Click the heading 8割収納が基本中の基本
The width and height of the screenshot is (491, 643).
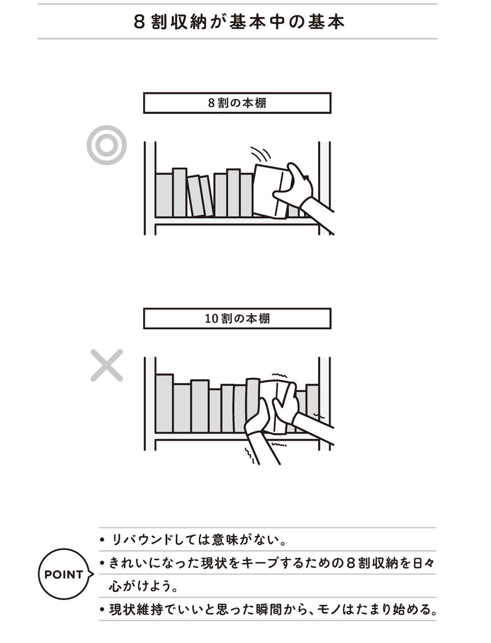pos(239,22)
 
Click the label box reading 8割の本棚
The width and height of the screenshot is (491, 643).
pos(237,103)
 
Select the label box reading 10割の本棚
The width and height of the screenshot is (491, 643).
pos(237,318)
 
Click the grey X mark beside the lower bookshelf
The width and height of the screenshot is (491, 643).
pos(107,365)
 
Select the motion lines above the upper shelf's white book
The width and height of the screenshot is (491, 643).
pos(260,154)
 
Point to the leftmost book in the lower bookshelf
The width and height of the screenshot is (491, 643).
pos(164,403)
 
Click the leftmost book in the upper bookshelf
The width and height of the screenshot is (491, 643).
pos(164,195)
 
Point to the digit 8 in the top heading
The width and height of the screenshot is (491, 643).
pos(140,22)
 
